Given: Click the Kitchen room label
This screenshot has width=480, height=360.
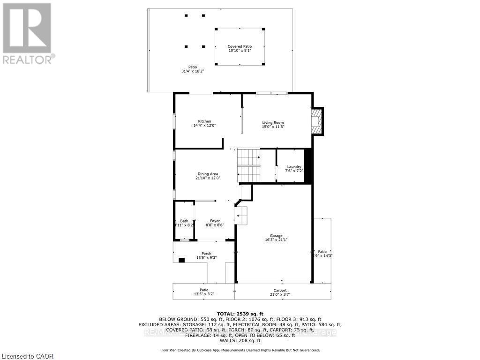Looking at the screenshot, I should (x=204, y=121).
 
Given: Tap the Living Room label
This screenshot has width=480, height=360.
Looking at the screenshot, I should (x=273, y=123).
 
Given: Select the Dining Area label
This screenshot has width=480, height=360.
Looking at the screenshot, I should (x=207, y=174).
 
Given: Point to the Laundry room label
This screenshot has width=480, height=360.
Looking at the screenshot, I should (x=294, y=167).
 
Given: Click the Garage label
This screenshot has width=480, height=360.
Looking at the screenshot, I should (x=276, y=236).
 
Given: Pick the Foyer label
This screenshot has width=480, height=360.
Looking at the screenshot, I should (x=215, y=221).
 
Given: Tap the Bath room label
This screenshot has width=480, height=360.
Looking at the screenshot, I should (x=184, y=221).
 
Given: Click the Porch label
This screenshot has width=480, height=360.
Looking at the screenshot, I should (x=206, y=254).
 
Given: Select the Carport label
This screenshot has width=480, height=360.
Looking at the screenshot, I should (x=280, y=291).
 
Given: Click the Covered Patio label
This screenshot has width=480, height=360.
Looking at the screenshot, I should (x=240, y=46).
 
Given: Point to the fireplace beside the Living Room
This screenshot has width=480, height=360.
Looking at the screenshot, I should (x=317, y=121).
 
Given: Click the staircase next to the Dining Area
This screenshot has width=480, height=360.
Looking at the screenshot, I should (x=248, y=165).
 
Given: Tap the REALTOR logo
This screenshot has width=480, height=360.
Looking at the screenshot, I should (x=28, y=33).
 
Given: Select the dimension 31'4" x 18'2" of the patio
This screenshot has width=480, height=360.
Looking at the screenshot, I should (x=193, y=71).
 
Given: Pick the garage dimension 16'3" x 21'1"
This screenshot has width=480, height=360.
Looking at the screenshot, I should (x=276, y=240).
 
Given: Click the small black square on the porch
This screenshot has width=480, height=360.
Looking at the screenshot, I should (x=181, y=260).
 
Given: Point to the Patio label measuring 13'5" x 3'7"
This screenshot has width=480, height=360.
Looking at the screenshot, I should (x=204, y=291).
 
